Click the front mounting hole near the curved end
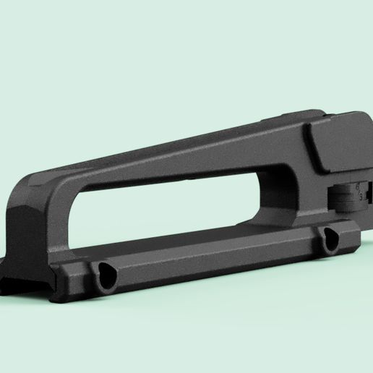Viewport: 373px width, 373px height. pos(106,275)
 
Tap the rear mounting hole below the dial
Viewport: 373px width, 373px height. pos(331,239)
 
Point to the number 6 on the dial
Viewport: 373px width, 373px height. pos(359,186)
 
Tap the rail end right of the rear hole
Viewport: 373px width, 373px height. pos(352,233)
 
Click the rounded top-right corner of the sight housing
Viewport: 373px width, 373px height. pos(365,119)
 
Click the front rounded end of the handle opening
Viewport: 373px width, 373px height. pos(72,217)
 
